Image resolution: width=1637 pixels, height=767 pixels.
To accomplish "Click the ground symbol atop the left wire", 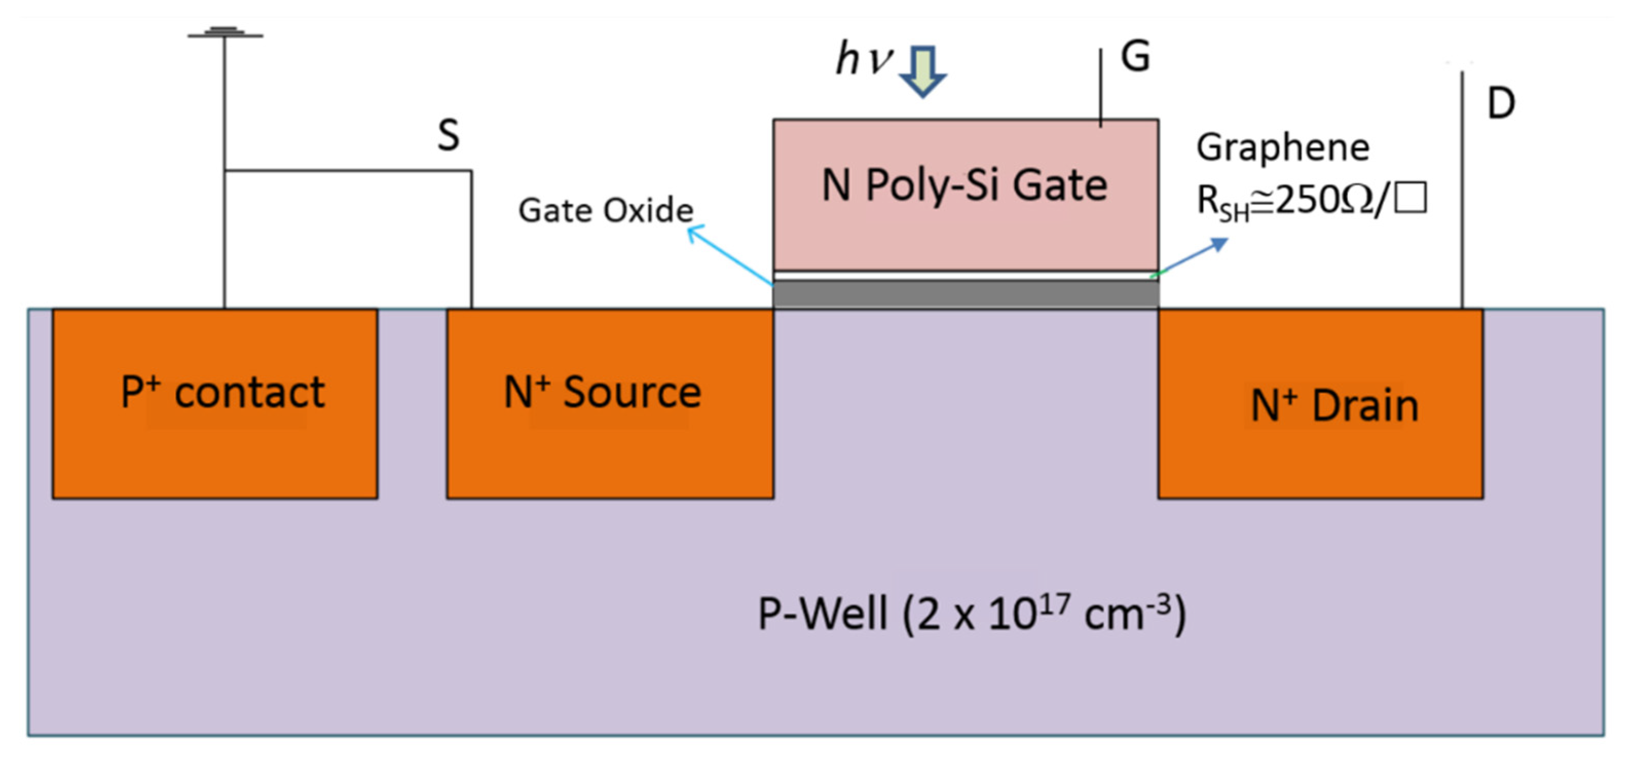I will (225, 32).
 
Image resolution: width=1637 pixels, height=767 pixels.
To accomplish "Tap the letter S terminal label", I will (448, 135).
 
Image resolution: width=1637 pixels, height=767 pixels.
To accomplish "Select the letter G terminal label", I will (1135, 56).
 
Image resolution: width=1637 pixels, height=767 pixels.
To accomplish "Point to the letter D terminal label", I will (1501, 104).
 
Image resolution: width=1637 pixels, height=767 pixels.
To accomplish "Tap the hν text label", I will (864, 59).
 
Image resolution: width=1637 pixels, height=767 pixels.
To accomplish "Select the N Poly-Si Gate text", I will (964, 185).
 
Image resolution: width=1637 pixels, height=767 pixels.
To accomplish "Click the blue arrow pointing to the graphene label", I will (1192, 257).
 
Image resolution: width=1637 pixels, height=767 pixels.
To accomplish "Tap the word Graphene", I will (1282, 148).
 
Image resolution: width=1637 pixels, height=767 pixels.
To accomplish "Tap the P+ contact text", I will (222, 392).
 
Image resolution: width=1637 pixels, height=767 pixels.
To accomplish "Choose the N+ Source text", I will (602, 392).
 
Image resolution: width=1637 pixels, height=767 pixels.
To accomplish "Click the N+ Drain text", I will (1334, 406).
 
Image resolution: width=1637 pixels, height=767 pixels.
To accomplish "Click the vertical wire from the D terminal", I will (1462, 190).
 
